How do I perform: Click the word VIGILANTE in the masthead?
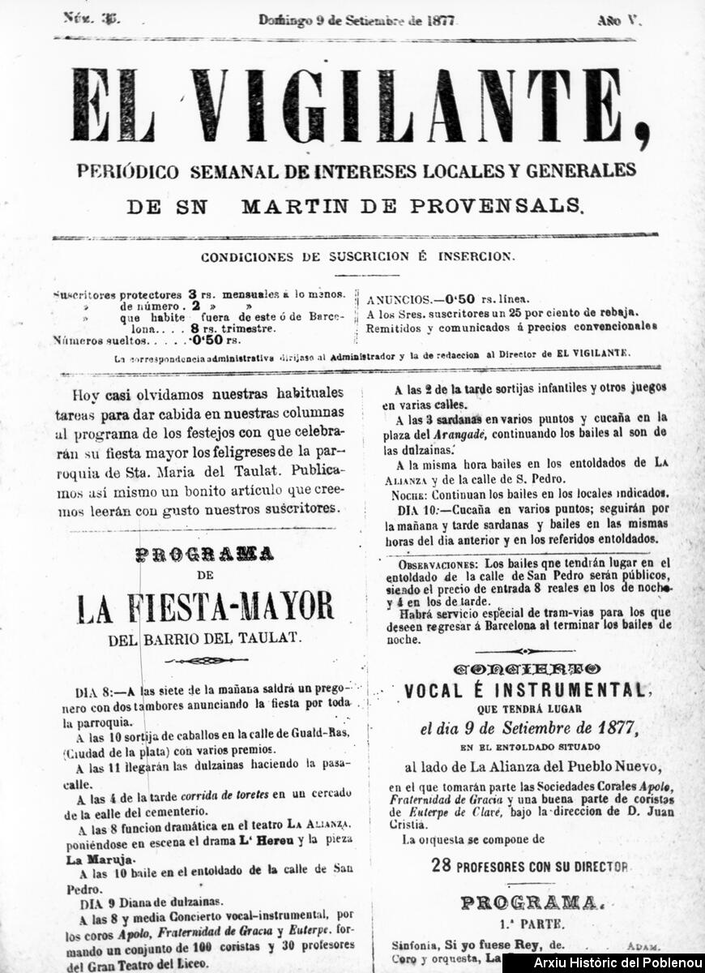(421, 106)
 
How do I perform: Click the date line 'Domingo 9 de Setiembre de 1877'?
(357, 21)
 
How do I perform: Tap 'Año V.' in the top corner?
(618, 21)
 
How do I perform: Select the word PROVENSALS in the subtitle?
(496, 206)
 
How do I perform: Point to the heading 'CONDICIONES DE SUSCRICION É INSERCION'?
(357, 256)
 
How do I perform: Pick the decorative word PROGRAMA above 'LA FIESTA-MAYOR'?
(204, 555)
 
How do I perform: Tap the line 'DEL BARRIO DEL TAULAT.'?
(205, 640)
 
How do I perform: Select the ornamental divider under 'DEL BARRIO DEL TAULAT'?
(206, 660)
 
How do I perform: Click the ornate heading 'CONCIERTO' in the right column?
(527, 669)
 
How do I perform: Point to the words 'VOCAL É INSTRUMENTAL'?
(524, 691)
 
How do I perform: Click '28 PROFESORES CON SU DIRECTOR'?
(529, 866)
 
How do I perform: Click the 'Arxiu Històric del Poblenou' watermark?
(603, 963)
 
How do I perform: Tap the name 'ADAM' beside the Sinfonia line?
(643, 946)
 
